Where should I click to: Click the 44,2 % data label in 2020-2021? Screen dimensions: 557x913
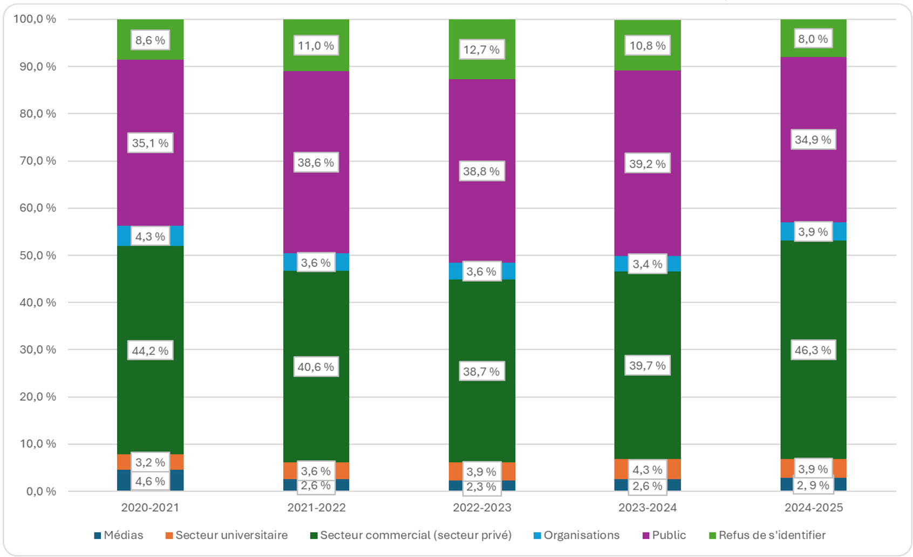pyautogui.click(x=150, y=350)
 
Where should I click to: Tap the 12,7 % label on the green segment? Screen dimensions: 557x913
pyautogui.click(x=481, y=50)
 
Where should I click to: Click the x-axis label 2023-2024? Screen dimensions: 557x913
pyautogui.click(x=647, y=507)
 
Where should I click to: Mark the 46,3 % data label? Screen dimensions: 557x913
pyautogui.click(x=813, y=350)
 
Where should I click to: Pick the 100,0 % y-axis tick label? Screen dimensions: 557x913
pyautogui.click(x=35, y=19)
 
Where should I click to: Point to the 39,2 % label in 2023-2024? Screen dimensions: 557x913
pyautogui.click(x=647, y=163)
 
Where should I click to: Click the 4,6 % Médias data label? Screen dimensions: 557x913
pyautogui.click(x=150, y=481)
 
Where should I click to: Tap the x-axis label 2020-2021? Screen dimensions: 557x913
pyautogui.click(x=150, y=507)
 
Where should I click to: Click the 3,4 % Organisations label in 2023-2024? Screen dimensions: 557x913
pyautogui.click(x=647, y=264)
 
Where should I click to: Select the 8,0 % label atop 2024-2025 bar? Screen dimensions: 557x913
pyautogui.click(x=813, y=39)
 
